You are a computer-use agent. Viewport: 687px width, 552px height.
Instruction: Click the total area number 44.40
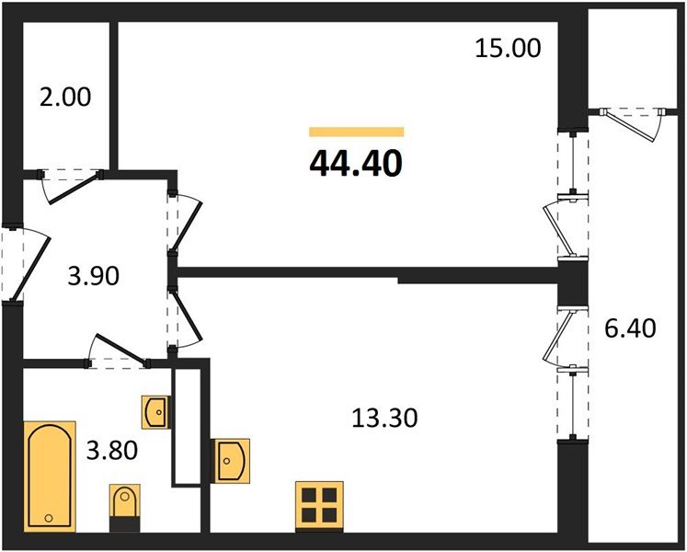(356, 163)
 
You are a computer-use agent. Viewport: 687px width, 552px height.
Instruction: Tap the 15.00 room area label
(508, 48)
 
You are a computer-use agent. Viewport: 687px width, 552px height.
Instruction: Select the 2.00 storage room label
(64, 97)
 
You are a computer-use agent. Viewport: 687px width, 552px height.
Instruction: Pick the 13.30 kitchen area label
(384, 419)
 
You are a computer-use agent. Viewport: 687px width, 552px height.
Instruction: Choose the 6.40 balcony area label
(630, 327)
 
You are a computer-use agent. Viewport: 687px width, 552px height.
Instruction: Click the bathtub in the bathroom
(49, 477)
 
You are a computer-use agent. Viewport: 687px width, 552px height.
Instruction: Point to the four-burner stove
(320, 505)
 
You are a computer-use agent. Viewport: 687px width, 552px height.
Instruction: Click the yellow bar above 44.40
(356, 132)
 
